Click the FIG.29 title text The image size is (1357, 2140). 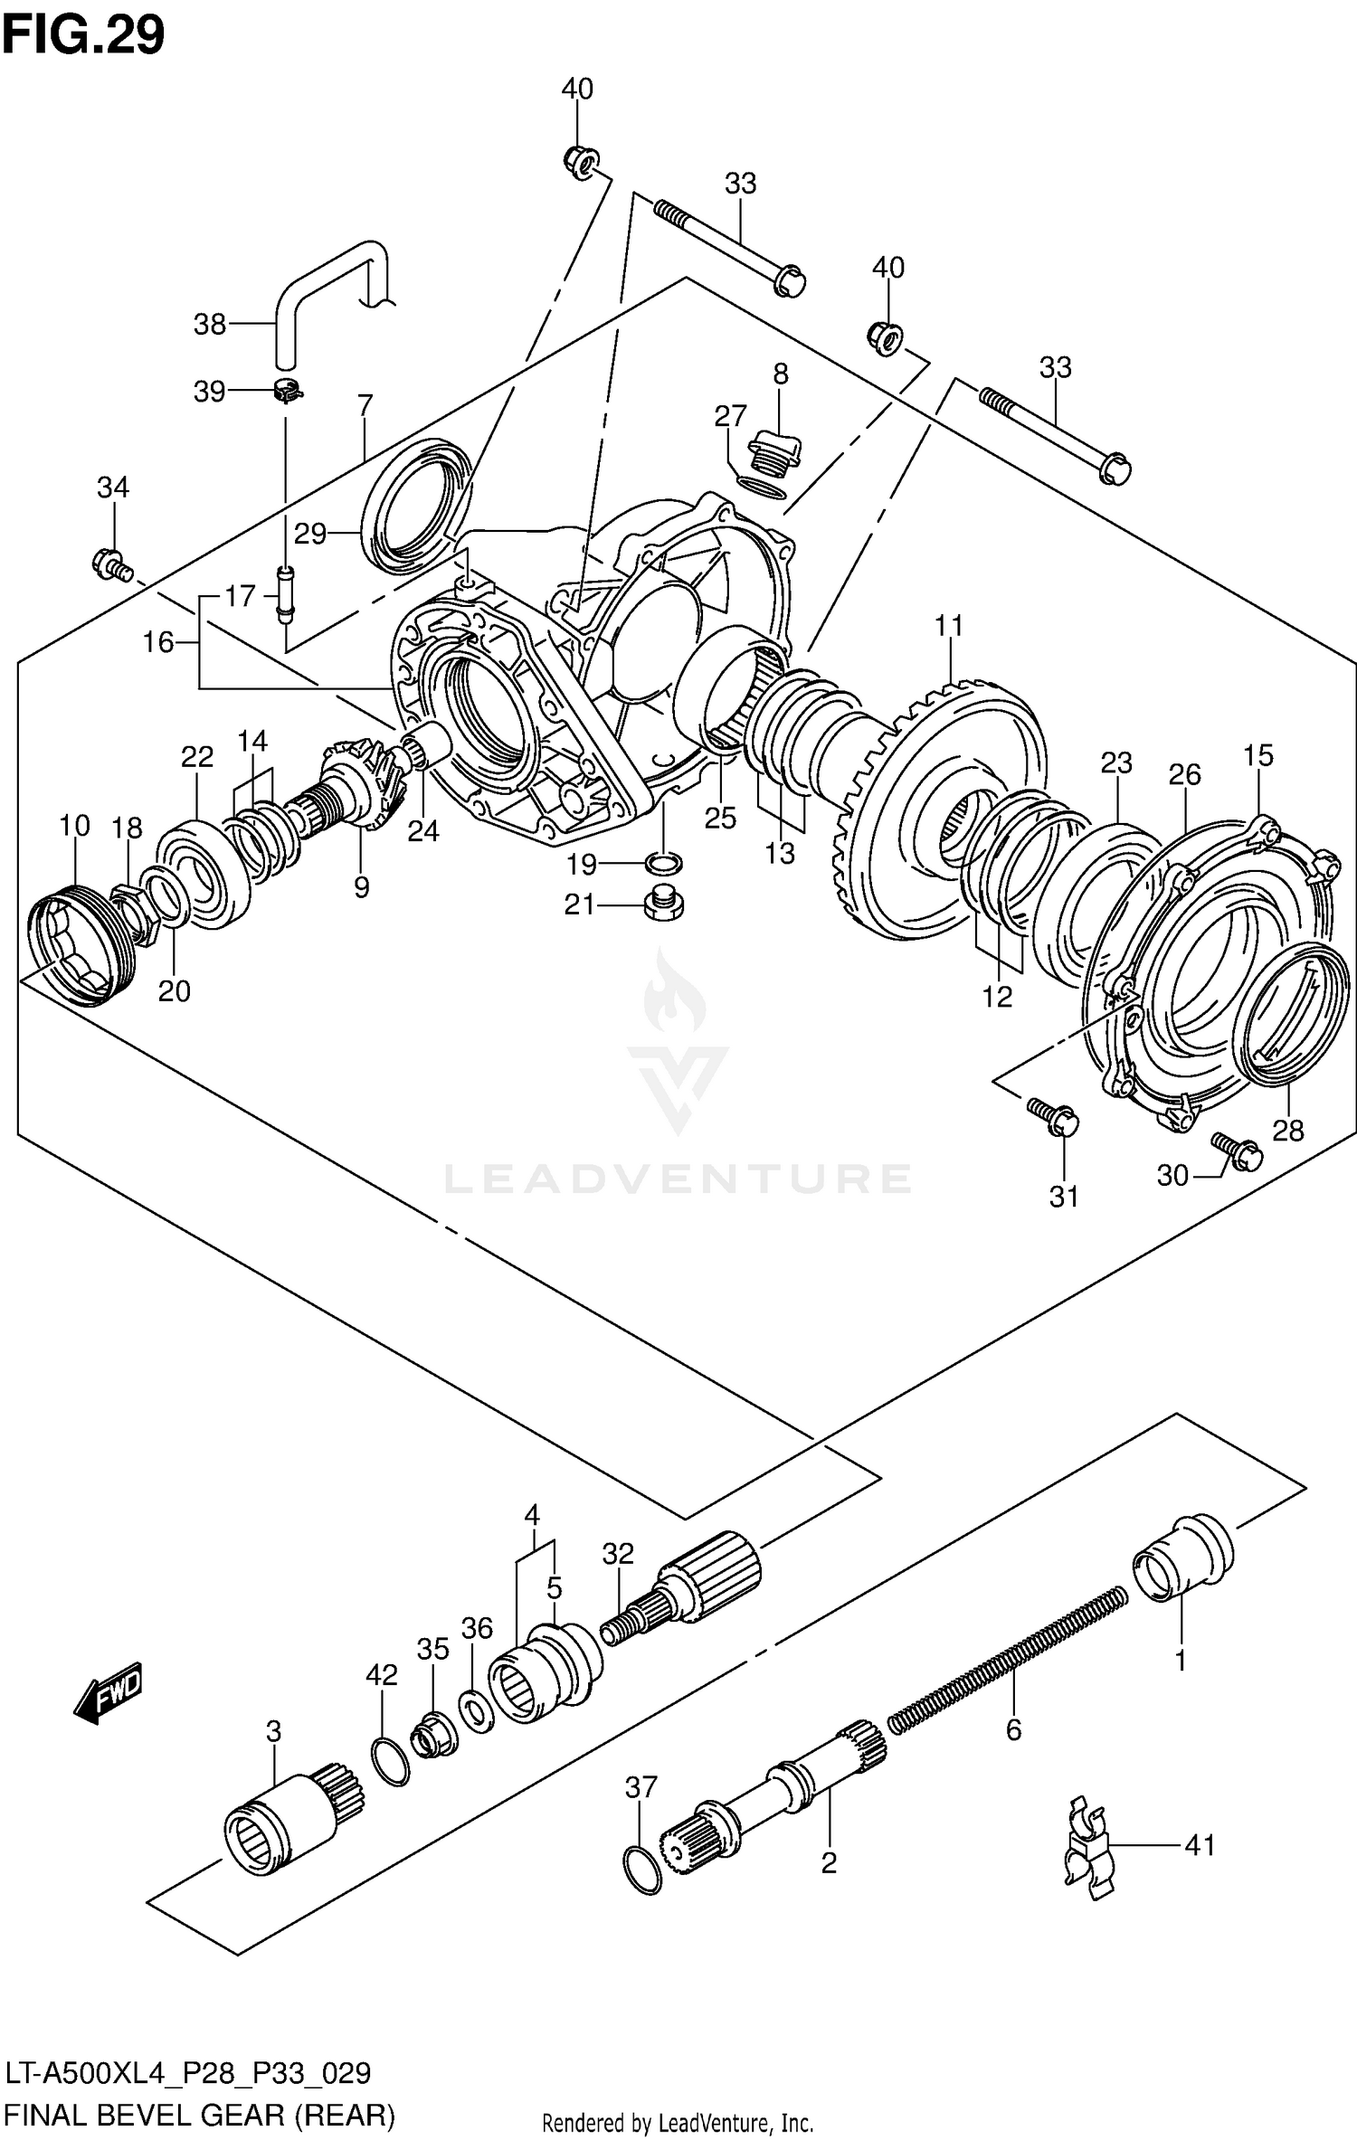(x=83, y=36)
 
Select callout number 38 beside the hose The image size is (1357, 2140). (x=210, y=324)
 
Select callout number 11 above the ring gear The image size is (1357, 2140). (x=949, y=626)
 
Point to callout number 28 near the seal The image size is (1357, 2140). (x=1288, y=1130)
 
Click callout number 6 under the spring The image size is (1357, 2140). (x=1013, y=1730)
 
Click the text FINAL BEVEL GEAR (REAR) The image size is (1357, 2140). (x=199, y=2115)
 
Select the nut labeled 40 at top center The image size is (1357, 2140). (x=577, y=163)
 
